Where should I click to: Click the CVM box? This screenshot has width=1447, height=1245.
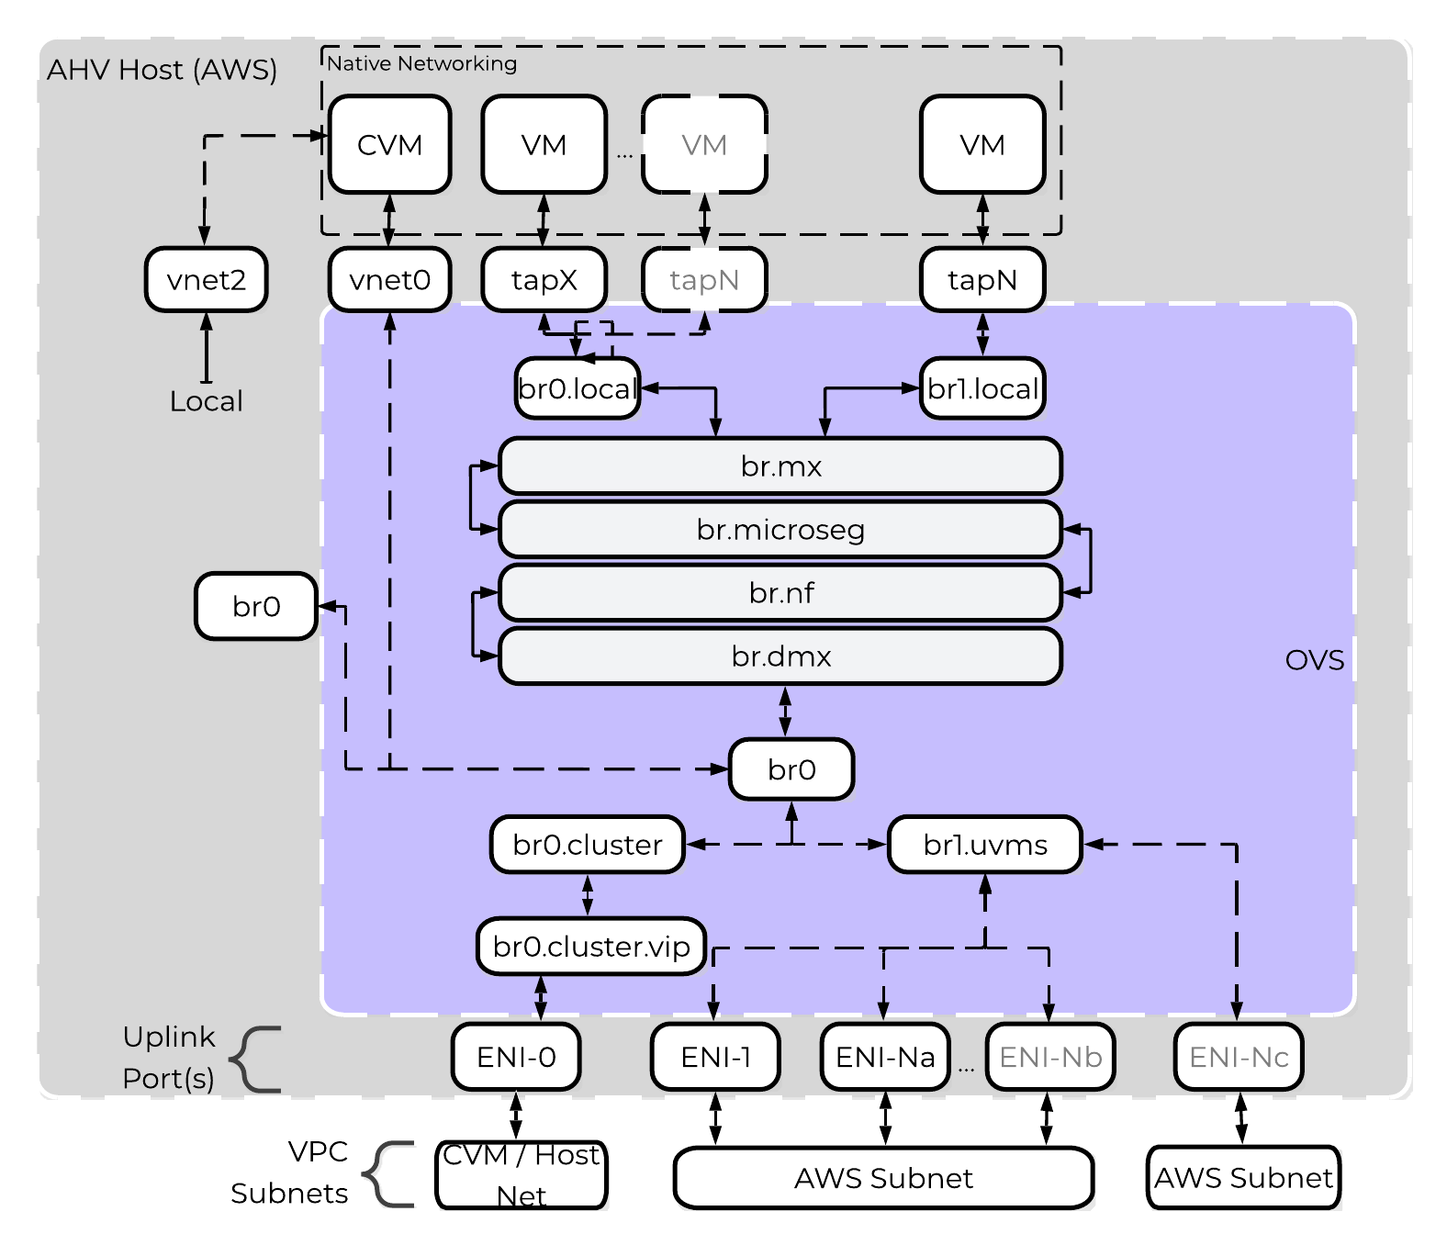[389, 145]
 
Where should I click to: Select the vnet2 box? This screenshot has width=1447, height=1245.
[206, 280]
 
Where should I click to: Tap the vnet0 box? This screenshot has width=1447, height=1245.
[389, 280]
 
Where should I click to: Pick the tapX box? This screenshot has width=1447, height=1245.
[544, 280]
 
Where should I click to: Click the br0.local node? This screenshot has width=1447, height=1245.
[578, 388]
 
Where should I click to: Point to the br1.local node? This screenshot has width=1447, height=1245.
[982, 388]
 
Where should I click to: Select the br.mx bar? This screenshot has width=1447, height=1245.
[780, 466]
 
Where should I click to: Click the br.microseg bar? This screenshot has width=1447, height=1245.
[780, 530]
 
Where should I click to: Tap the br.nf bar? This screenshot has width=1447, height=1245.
[780, 593]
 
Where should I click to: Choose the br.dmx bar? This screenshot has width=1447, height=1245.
[780, 656]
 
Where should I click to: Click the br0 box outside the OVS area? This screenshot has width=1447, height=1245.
[256, 606]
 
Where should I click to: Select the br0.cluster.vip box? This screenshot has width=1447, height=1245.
[591, 947]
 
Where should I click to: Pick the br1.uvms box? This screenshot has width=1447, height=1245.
[985, 845]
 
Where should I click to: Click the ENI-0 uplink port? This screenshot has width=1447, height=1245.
[516, 1057]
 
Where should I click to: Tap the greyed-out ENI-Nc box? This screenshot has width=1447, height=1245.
[1239, 1057]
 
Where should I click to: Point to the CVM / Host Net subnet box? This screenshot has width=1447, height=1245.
[522, 1175]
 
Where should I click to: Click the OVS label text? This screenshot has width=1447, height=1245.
[1314, 660]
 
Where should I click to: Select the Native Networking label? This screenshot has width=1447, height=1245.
[421, 63]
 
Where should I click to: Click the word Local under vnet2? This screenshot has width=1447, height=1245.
[206, 401]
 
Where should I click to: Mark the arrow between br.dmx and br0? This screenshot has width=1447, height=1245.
[785, 712]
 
